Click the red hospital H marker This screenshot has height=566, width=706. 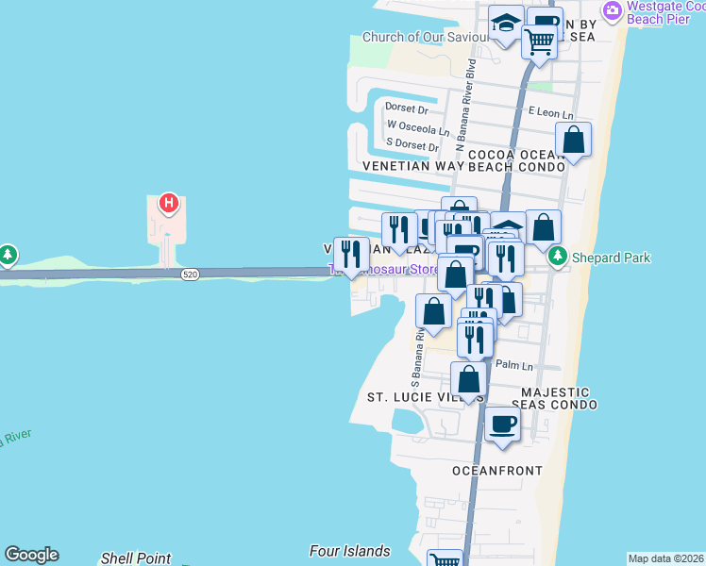point(168,203)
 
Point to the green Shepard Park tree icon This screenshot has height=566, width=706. point(558,256)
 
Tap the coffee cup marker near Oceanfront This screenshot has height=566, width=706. point(503,424)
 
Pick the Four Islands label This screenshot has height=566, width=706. point(349,551)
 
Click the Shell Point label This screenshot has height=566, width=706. point(136,558)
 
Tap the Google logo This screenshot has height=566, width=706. point(31,555)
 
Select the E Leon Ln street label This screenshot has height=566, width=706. point(551,111)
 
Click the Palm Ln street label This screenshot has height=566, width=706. point(514,365)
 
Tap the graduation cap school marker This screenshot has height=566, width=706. point(507,24)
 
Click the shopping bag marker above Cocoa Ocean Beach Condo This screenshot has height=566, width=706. point(573,140)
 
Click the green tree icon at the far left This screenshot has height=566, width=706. point(8,255)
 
